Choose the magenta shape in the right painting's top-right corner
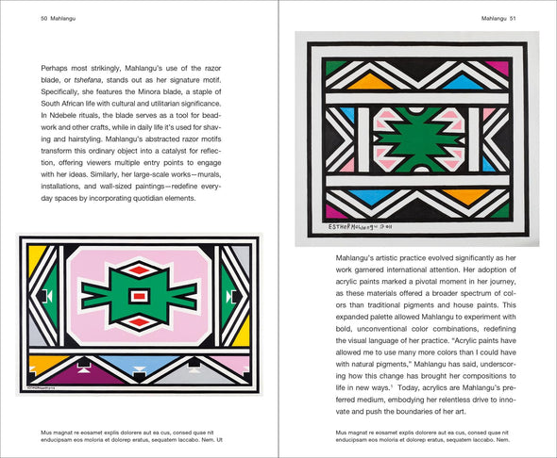(497, 68)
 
